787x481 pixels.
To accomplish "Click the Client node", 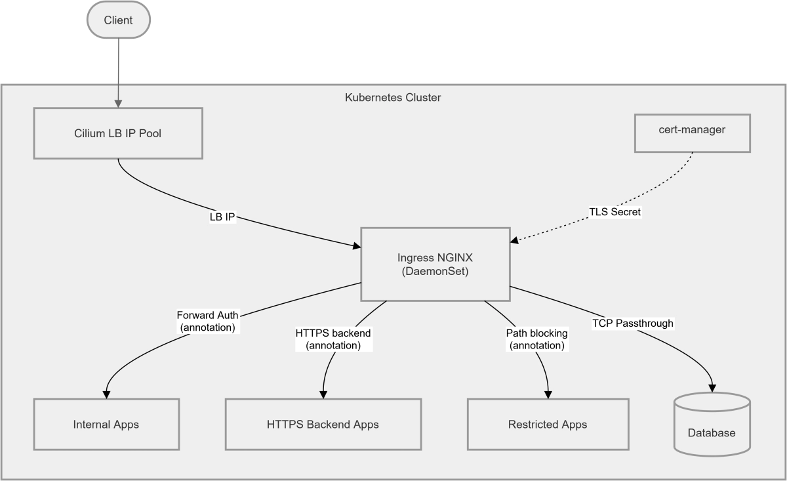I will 118,20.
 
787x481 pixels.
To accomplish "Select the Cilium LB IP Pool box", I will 118,134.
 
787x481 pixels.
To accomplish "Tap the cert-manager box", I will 691,130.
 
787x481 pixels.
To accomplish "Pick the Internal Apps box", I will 106,424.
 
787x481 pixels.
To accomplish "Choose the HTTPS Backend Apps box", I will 323,424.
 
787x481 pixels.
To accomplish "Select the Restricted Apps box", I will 548,424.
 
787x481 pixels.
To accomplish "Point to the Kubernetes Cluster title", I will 393,98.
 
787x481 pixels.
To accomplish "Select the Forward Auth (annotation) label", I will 207,321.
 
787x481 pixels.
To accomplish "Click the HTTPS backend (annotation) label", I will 333,339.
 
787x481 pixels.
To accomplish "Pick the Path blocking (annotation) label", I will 536,339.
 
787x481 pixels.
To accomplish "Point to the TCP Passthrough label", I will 632,323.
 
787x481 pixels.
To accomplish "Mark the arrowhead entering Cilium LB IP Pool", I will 118,103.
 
